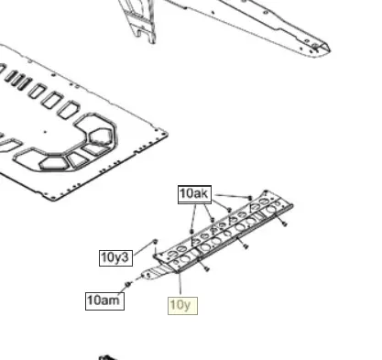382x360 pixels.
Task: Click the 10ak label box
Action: coord(194,194)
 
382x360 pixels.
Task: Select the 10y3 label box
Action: coord(115,258)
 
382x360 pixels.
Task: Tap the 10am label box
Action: coord(104,301)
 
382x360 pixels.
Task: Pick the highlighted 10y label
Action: coord(182,306)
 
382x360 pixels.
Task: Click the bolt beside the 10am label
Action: coord(127,285)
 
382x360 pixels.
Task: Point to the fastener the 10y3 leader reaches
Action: coord(155,242)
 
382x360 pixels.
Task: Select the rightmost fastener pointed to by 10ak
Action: coord(250,198)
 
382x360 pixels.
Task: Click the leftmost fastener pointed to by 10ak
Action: coord(191,232)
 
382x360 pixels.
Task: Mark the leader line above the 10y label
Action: coord(180,283)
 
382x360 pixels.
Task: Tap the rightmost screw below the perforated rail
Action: coord(285,224)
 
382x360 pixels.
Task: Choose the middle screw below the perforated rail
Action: coord(246,246)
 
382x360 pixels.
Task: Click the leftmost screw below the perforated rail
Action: coord(207,269)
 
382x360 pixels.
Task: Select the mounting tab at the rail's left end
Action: coord(156,273)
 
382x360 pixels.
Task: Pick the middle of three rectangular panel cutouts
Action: coord(52,100)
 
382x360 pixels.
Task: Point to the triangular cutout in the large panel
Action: coord(76,160)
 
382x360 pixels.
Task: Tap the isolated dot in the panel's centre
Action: coord(46,132)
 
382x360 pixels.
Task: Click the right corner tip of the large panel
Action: coord(168,134)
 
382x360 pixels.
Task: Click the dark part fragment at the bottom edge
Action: coord(107,357)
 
